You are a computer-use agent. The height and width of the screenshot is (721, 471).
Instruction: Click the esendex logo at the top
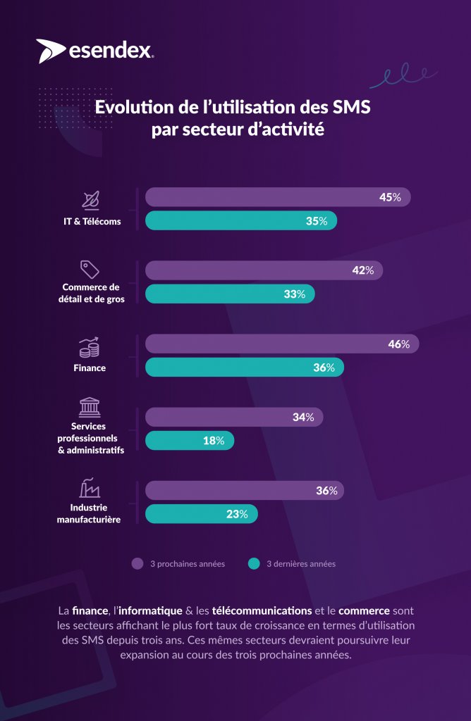pyautogui.click(x=96, y=51)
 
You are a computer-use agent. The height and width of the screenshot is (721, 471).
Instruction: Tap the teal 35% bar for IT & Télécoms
pyautogui.click(x=240, y=220)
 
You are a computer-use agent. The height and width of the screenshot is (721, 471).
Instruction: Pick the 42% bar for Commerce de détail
pyautogui.click(x=264, y=270)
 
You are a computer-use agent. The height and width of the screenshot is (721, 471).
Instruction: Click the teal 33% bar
pyautogui.click(x=230, y=294)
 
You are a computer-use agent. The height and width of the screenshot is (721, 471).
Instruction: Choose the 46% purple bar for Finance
pyautogui.click(x=281, y=344)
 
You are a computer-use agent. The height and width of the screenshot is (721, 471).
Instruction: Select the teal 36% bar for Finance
pyautogui.click(x=244, y=367)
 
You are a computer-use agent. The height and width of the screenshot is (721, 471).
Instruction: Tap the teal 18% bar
pyautogui.click(x=189, y=440)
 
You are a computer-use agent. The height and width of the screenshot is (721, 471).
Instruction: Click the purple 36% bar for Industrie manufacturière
pyautogui.click(x=244, y=490)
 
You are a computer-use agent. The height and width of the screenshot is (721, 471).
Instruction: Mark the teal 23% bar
pyautogui.click(x=201, y=513)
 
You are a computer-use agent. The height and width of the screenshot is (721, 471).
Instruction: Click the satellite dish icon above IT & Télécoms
pyautogui.click(x=90, y=201)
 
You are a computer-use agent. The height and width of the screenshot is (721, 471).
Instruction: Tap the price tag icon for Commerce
pyautogui.click(x=90, y=269)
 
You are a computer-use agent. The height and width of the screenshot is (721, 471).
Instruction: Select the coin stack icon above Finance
pyautogui.click(x=90, y=347)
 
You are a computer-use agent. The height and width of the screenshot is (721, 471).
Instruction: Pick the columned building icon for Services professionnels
pyautogui.click(x=90, y=407)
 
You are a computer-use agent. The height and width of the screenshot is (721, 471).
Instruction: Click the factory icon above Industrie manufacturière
pyautogui.click(x=90, y=487)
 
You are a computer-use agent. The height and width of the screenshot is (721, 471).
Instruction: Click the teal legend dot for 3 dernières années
pyautogui.click(x=255, y=563)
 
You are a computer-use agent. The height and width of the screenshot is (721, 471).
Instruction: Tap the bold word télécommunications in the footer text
pyautogui.click(x=262, y=609)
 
